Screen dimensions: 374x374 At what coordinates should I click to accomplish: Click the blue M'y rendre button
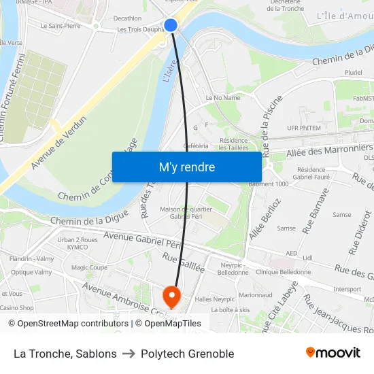[186, 167]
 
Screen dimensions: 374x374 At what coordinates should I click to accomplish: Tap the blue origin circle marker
[171, 25]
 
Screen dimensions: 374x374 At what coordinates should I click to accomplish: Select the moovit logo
[333, 353]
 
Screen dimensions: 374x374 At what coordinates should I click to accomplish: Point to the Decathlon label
[128, 18]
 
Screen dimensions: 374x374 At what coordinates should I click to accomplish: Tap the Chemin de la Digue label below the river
[80, 222]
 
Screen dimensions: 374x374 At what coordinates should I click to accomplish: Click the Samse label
[286, 228]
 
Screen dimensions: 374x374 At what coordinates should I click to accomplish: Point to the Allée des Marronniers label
[330, 150]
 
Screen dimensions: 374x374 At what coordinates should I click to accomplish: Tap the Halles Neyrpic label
[214, 299]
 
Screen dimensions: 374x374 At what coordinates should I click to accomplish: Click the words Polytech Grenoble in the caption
[187, 354]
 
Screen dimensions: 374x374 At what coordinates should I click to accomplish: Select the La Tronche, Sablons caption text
[65, 354]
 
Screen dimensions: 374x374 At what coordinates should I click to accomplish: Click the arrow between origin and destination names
[128, 354]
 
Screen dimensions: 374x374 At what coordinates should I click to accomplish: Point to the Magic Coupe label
[89, 268]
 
